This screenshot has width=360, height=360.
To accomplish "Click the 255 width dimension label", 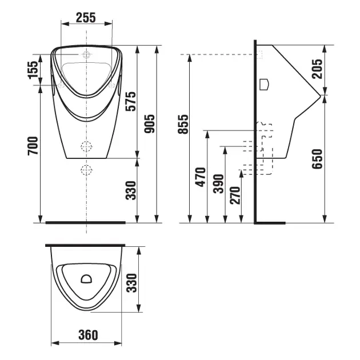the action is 86,18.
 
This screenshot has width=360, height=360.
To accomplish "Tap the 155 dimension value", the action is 33,70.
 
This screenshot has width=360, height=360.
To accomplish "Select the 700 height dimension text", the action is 33,146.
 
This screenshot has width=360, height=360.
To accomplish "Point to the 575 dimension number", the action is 131,101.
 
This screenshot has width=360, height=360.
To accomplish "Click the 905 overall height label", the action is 150,123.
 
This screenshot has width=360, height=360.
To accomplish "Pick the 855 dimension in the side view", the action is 183,124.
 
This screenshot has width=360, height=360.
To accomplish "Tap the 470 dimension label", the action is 201,177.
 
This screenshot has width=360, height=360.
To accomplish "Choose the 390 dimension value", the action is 218,183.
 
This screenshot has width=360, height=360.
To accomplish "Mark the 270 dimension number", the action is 235,195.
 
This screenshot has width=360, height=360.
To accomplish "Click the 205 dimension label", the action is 317,69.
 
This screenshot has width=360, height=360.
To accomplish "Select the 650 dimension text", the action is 317,159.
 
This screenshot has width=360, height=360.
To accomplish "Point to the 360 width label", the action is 88,335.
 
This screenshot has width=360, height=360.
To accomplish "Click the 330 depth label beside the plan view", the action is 132,283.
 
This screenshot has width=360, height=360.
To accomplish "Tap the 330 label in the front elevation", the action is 131,190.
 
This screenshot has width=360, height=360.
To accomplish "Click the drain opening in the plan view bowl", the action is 86,279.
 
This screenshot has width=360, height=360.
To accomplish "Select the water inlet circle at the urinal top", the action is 86,55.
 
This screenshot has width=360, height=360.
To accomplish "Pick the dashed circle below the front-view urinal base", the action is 86,170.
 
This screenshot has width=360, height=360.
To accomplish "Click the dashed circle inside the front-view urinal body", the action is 86,146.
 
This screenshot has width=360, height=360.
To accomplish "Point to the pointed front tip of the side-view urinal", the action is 320,95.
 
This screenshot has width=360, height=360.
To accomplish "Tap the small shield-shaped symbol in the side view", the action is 264,84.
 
